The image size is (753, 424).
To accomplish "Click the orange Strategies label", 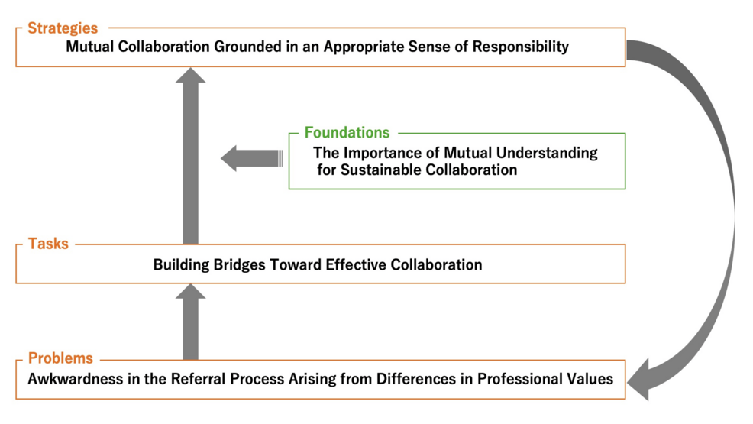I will point(63,29).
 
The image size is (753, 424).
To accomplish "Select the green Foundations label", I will point(347,133).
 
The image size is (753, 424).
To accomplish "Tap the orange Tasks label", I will point(48,244).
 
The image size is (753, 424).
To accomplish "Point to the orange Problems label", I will point(60,358).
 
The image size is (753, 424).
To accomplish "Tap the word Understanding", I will point(551,153).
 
